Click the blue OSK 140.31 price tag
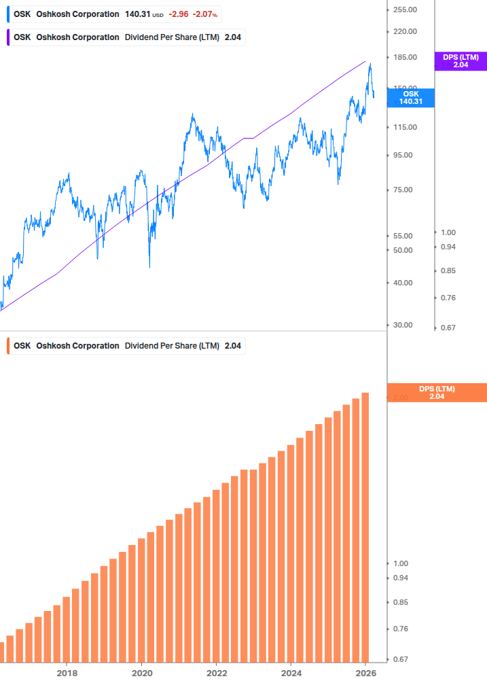click(412, 98)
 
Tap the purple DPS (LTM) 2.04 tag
click(461, 61)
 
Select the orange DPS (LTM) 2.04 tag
click(436, 392)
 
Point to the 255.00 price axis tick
click(405, 10)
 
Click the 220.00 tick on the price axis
click(405, 31)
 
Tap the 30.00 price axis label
click(403, 325)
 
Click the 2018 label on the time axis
click(67, 673)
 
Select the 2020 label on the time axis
click(141, 673)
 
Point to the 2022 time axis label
click(216, 673)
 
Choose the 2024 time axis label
click(291, 673)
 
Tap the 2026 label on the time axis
click(365, 673)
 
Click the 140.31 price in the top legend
click(137, 14)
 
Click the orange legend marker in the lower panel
click(7, 346)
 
